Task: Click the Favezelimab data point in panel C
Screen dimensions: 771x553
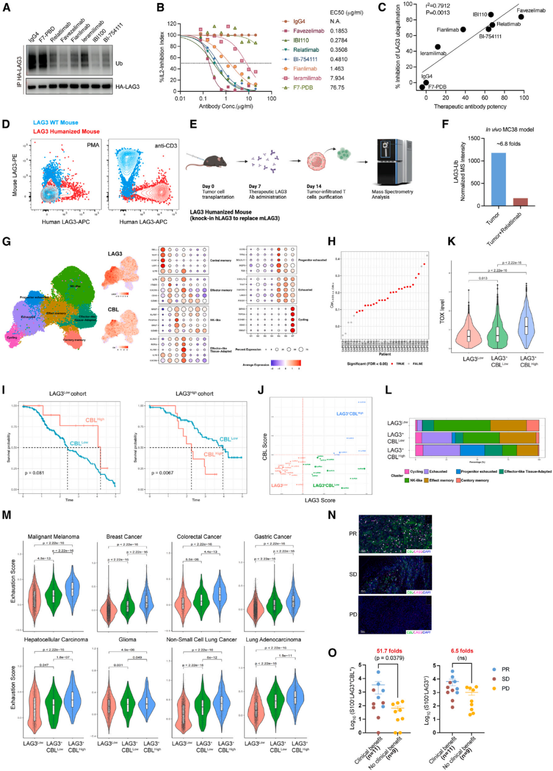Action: tap(521, 17)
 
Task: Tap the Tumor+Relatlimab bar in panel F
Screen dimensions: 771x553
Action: tap(520, 202)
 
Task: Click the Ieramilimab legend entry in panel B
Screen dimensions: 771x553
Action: tap(307, 78)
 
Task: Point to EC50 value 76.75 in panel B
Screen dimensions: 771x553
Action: tap(337, 88)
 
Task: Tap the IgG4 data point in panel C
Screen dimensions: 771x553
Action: tap(426, 83)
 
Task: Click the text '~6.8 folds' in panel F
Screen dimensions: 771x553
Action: tap(508, 144)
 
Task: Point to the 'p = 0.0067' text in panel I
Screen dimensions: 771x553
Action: tap(162, 473)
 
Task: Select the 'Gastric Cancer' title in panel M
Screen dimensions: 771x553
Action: tap(273, 537)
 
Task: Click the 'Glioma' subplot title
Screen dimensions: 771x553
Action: tap(127, 640)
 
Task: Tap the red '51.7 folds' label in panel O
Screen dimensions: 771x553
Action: tap(389, 651)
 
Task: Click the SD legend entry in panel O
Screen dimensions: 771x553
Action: tap(505, 679)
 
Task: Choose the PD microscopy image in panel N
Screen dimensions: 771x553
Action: tap(395, 615)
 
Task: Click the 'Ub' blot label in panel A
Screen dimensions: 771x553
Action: tap(119, 64)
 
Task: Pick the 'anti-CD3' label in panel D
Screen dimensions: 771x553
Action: tap(166, 146)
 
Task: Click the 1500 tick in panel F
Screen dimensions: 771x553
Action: tap(474, 138)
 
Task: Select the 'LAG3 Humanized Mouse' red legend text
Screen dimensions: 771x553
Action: tap(67, 132)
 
